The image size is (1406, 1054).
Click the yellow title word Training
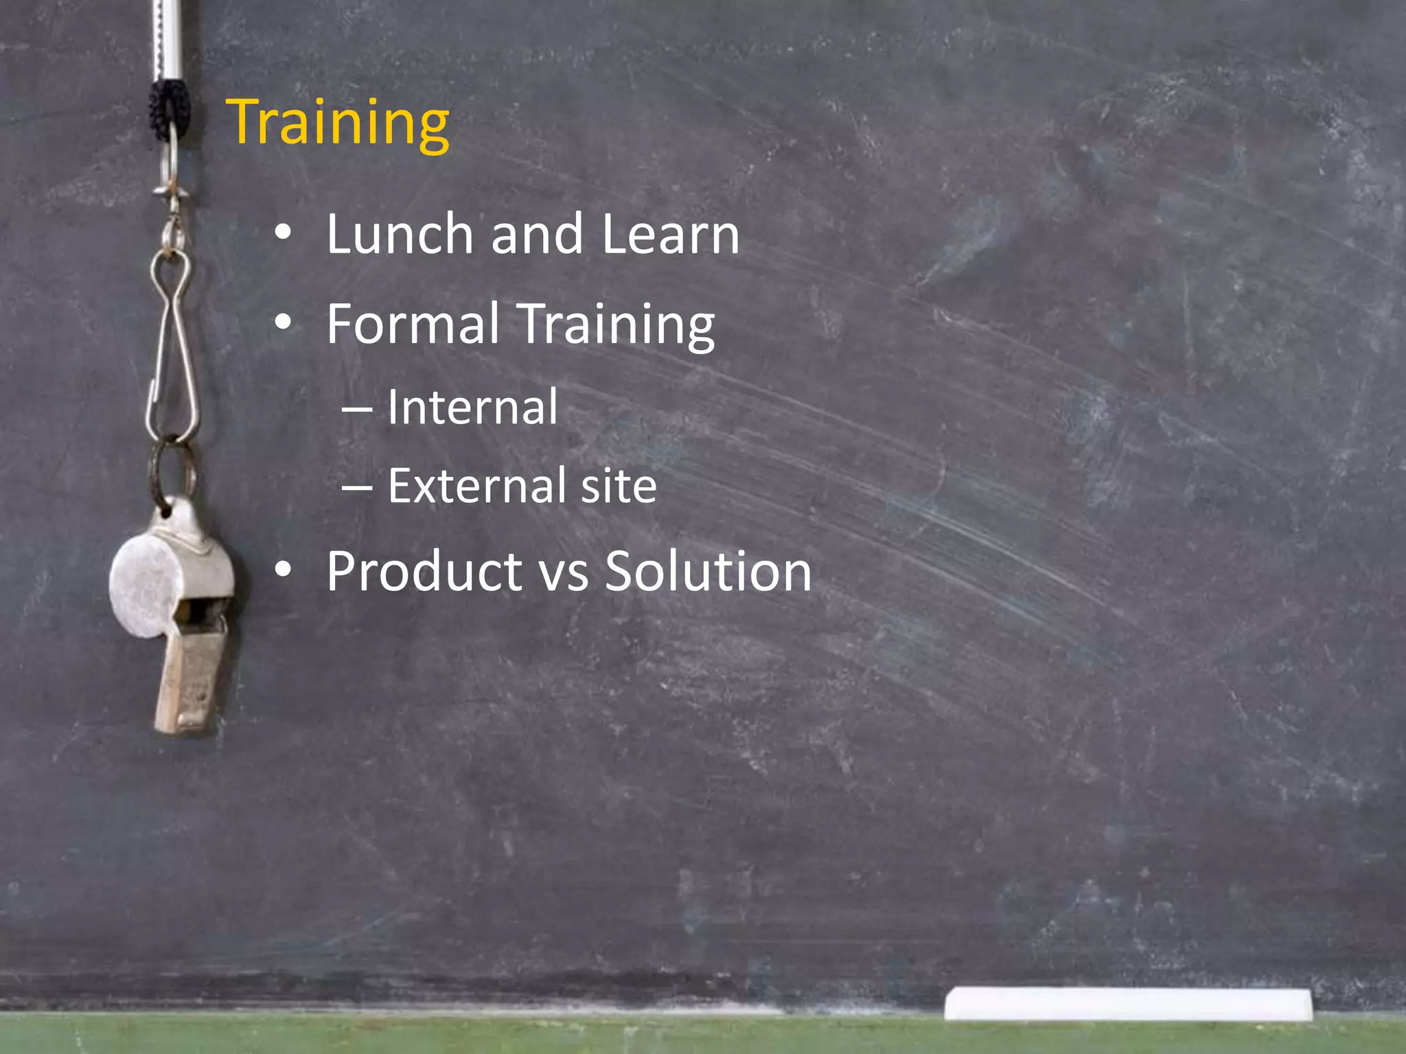(338, 124)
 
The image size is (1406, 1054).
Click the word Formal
(413, 324)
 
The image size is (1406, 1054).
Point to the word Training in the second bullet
(616, 325)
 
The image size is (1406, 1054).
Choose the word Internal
(472, 408)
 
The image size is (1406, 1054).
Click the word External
(474, 486)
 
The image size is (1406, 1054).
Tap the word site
(619, 486)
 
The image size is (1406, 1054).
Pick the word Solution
(708, 572)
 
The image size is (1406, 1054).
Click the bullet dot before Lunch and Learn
(283, 234)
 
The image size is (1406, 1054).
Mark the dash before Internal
(356, 410)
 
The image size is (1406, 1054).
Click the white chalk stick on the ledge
(1127, 1003)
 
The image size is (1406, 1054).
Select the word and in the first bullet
(537, 235)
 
